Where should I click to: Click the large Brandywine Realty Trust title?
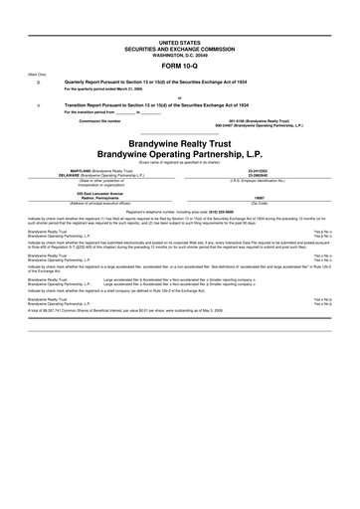(x=179, y=144)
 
